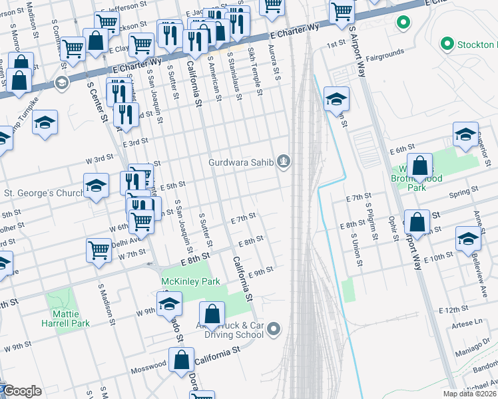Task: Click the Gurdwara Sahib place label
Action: click(241, 162)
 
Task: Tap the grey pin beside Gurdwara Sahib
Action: click(285, 162)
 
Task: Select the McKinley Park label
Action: click(190, 281)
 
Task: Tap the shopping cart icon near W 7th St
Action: click(99, 251)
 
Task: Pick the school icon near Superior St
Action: click(465, 134)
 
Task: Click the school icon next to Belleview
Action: click(468, 239)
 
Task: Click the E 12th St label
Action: click(454, 310)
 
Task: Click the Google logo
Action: click(21, 392)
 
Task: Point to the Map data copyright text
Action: click(470, 394)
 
